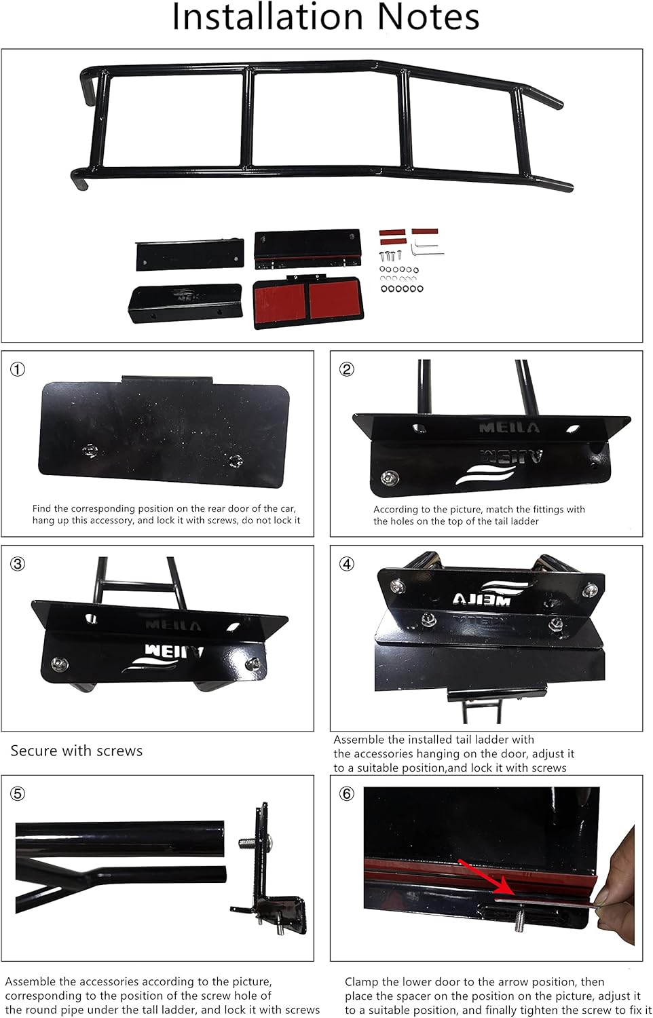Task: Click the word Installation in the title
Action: (267, 17)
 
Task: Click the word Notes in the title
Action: (428, 17)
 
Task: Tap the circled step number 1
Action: (18, 369)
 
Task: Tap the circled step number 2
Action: (347, 369)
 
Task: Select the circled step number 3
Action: (18, 564)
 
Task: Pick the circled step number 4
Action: (347, 564)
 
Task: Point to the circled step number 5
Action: (18, 794)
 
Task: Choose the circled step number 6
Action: (347, 794)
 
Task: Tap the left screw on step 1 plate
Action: (90, 451)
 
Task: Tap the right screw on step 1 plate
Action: (236, 460)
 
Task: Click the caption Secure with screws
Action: (76, 751)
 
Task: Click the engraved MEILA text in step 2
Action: (509, 428)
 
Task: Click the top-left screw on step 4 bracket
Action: (398, 586)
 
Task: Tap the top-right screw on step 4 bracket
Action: (590, 590)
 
